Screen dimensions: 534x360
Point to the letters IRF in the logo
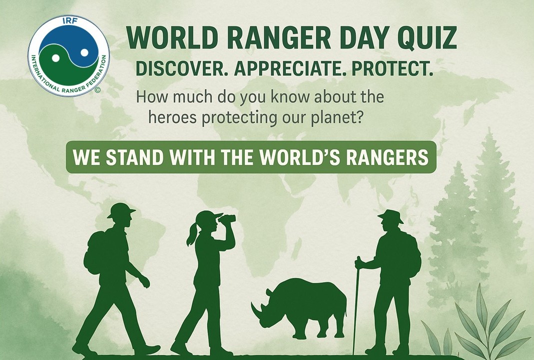click(x=68, y=21)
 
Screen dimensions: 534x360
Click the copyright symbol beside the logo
click(x=98, y=90)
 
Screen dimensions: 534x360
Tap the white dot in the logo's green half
click(x=55, y=58)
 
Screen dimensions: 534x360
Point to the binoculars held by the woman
click(x=227, y=218)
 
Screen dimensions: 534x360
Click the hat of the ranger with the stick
click(x=390, y=216)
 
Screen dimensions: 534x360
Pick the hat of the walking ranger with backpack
click(x=121, y=210)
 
